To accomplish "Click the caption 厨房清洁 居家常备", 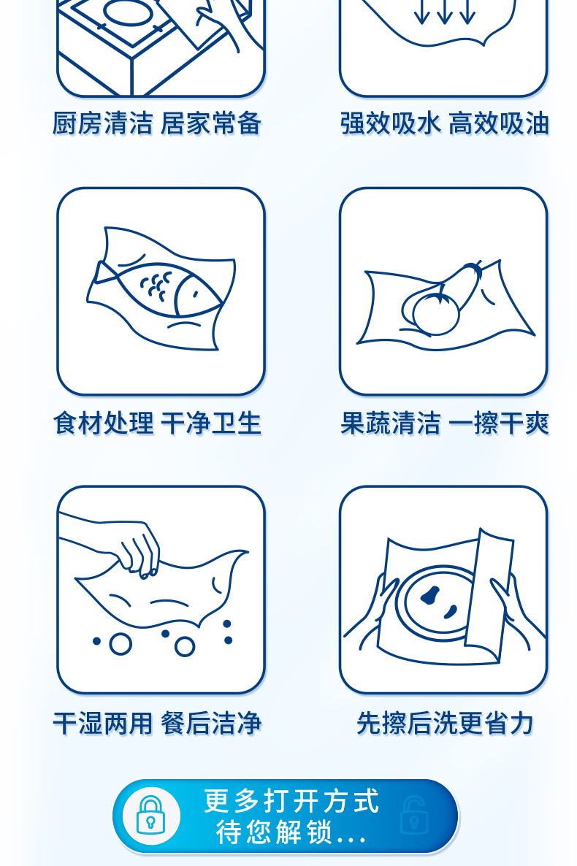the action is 156,123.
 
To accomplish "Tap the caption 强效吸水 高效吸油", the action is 444,123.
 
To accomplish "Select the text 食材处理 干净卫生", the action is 157,424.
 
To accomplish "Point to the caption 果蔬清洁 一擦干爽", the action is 444,424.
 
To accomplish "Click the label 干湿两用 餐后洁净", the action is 157,723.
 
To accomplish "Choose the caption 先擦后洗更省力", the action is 445,723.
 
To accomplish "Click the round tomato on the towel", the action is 437,314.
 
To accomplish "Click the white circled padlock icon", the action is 151,816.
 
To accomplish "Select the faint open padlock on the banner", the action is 414,814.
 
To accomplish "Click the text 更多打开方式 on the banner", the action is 291,801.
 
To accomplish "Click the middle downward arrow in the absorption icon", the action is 444,12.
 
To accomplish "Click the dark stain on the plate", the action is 430,595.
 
